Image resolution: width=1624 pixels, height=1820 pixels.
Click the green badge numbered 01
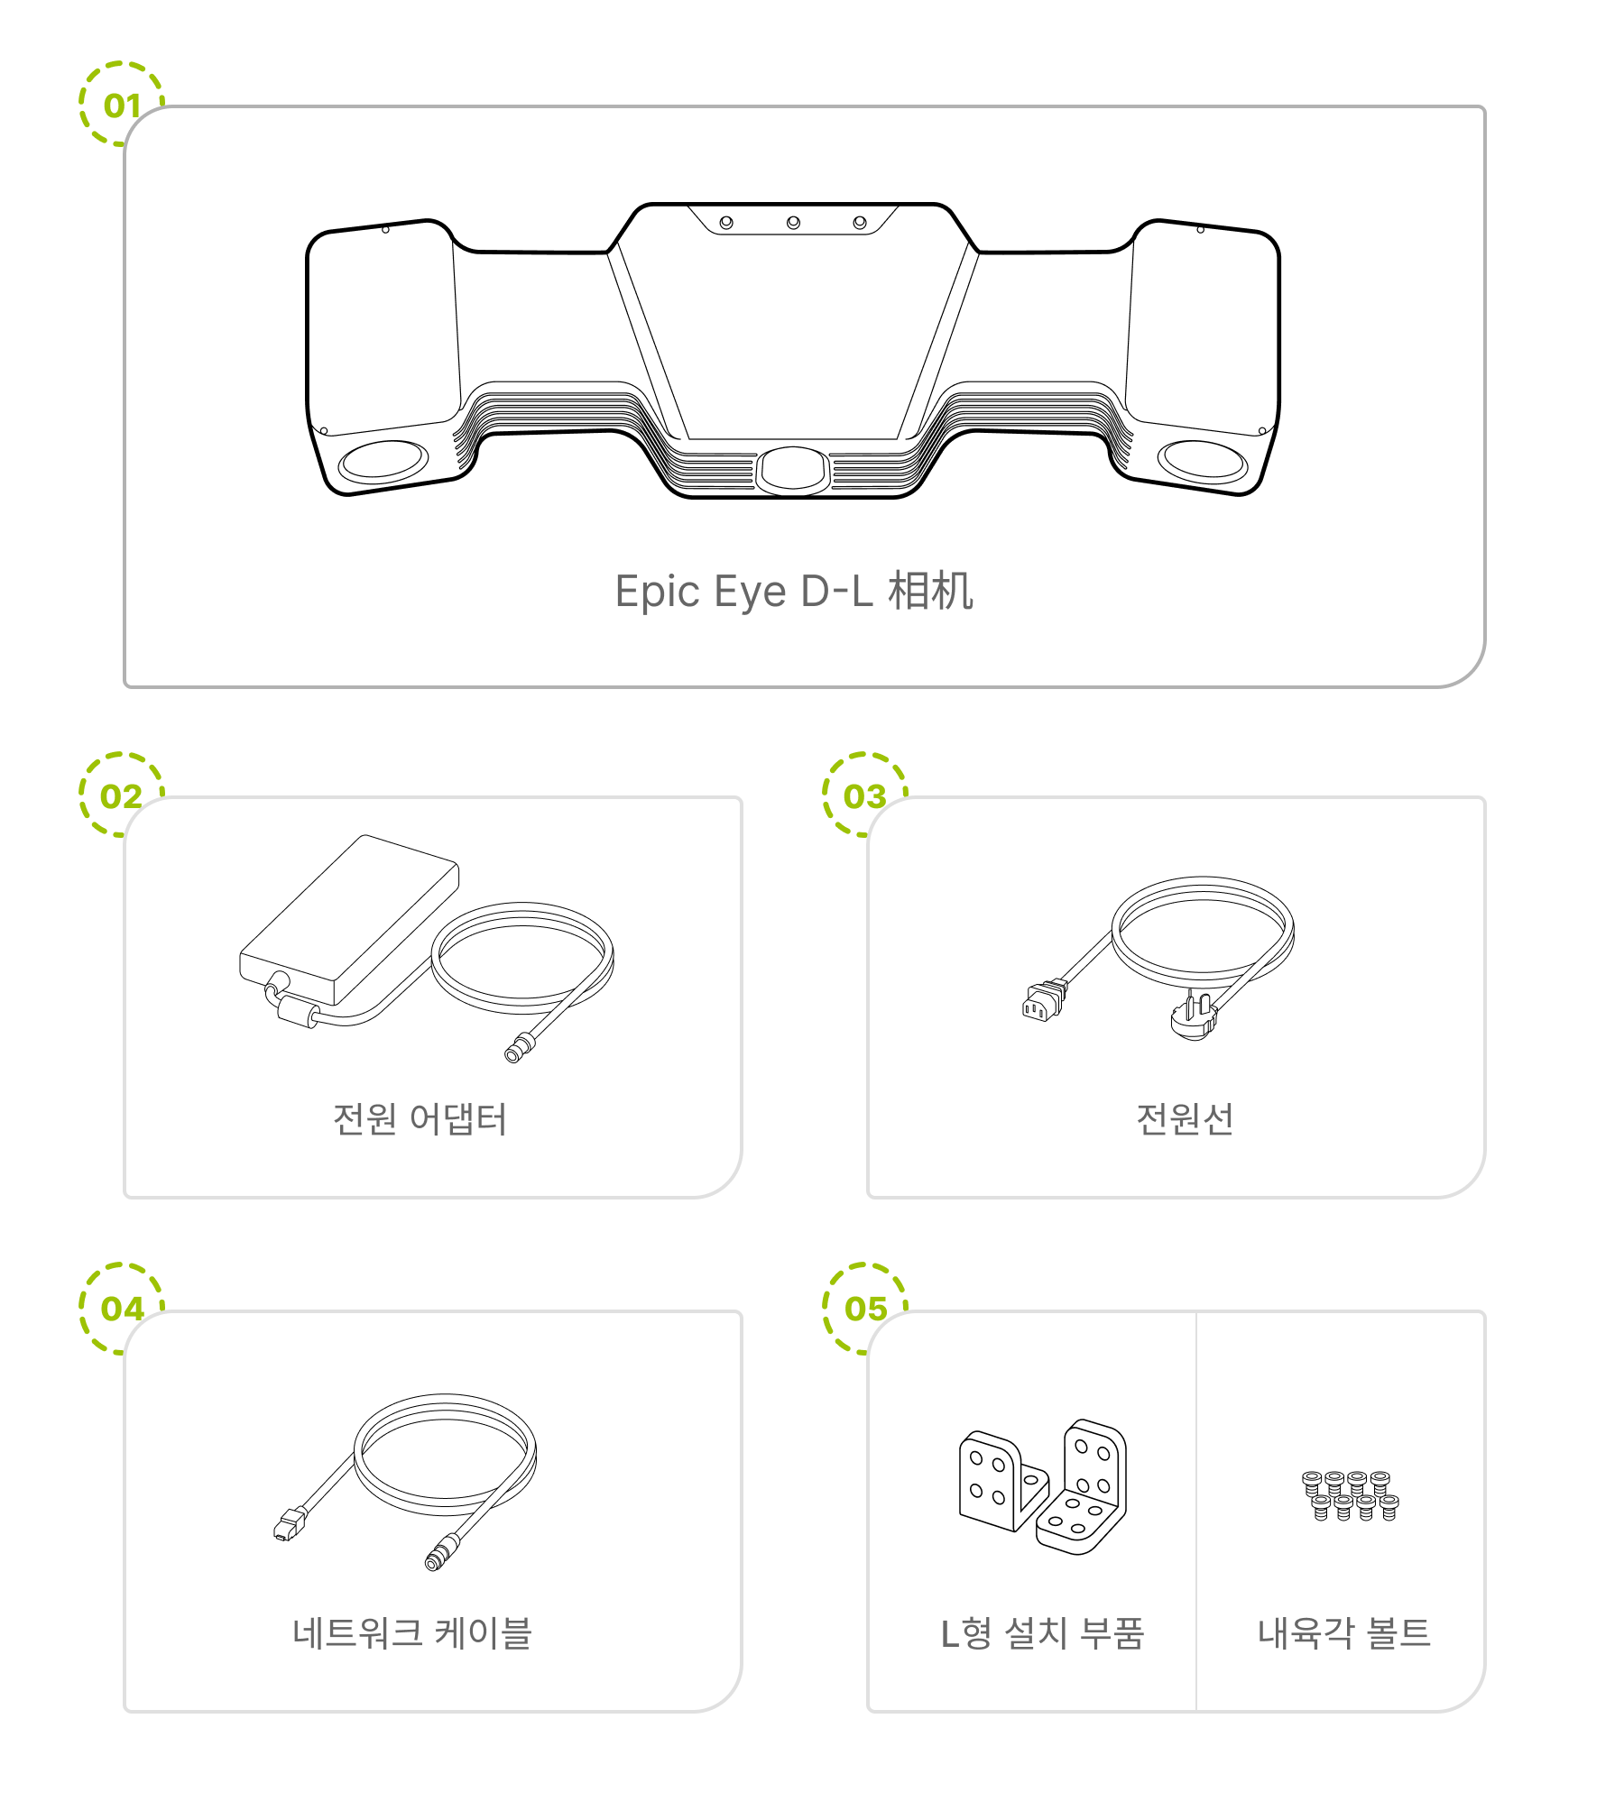(121, 105)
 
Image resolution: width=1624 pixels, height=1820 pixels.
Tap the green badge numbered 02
(121, 795)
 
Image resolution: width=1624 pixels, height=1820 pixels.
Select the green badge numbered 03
(864, 795)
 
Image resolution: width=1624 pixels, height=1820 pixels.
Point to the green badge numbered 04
(121, 1308)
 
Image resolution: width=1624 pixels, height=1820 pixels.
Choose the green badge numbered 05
(864, 1308)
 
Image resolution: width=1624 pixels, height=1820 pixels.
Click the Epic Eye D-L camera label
(794, 592)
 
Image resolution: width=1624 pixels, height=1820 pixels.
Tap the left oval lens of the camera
(383, 461)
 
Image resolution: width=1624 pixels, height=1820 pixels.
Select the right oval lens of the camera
(1203, 461)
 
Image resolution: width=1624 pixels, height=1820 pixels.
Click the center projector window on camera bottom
(793, 470)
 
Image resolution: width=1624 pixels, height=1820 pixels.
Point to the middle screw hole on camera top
(793, 222)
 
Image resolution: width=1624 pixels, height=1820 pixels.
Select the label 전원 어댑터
(420, 1119)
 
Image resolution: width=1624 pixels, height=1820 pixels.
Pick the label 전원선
(1185, 1119)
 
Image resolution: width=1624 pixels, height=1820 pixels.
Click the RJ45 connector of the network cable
(288, 1524)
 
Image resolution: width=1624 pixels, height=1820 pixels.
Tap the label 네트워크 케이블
(412, 1632)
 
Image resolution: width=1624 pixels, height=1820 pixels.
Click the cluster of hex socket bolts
(1350, 1495)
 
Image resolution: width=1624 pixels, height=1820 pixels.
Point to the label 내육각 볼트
(1344, 1632)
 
